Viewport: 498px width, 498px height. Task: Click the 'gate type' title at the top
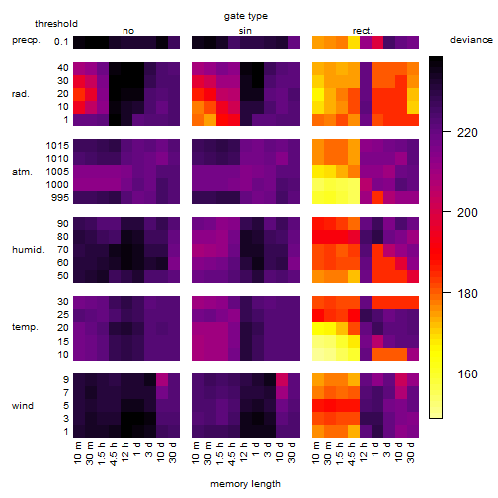coord(246,16)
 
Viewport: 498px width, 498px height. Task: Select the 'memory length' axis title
coord(245,484)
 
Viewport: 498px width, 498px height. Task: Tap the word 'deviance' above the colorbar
coord(471,40)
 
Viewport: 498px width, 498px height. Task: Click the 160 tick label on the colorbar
coord(467,374)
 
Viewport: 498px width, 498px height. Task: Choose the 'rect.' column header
coord(363,31)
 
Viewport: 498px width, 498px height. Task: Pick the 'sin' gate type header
coord(245,31)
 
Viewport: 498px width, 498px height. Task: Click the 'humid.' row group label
coord(28,250)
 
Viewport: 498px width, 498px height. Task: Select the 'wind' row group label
coord(23,406)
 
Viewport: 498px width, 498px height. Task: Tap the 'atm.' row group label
coord(22,172)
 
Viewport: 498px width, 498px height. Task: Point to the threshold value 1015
coord(57,146)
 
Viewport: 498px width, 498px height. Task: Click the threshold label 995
coord(60,198)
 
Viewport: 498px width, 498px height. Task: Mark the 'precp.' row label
coord(26,40)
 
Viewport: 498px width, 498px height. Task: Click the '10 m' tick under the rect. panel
coord(316,452)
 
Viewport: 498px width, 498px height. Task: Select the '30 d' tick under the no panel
coord(173,452)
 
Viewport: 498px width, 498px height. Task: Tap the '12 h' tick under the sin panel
coord(244,452)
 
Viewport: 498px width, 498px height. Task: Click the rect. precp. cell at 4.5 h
coord(354,42)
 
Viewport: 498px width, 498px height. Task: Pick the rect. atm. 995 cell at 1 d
coord(377,198)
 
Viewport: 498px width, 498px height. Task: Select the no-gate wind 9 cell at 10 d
coord(162,380)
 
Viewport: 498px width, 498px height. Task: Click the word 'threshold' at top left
coord(56,24)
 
